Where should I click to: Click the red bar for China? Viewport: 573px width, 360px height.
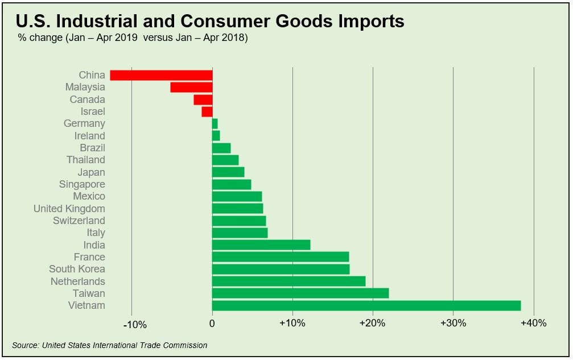(x=161, y=75)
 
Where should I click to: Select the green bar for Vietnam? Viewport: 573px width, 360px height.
(x=366, y=305)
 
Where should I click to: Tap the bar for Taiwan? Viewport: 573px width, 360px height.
(x=300, y=293)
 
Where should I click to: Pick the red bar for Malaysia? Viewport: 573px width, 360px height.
(x=191, y=87)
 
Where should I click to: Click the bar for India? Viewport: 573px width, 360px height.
(x=261, y=245)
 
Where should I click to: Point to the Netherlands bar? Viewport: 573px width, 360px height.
(x=288, y=281)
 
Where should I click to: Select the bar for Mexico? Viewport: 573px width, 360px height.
(x=237, y=196)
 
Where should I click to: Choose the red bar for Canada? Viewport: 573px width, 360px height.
(x=203, y=100)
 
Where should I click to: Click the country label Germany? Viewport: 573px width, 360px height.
(x=84, y=123)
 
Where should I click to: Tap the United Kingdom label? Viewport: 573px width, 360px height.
(x=69, y=209)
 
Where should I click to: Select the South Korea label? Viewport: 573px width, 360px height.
(x=77, y=269)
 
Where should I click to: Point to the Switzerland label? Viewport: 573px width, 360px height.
(x=79, y=221)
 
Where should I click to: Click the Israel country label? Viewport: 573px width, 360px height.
(x=93, y=111)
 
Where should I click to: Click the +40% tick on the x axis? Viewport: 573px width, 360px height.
(x=533, y=323)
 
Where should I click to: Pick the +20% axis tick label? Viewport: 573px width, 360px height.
(x=373, y=323)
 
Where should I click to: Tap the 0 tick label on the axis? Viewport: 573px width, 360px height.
(x=212, y=323)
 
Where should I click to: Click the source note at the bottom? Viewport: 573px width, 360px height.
(x=109, y=345)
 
